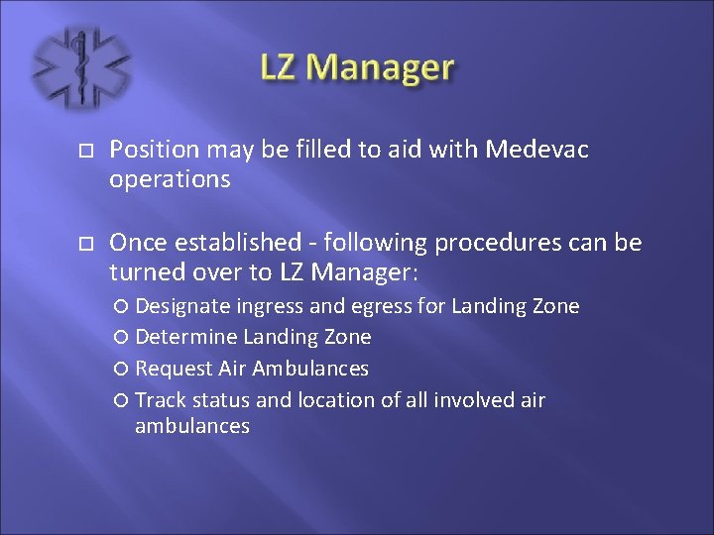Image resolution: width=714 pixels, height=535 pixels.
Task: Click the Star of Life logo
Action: pos(78,67)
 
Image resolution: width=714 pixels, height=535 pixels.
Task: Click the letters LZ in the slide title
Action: pos(282,67)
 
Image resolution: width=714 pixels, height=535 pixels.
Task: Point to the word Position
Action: pos(151,150)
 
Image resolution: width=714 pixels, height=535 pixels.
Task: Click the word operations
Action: pos(170,179)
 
